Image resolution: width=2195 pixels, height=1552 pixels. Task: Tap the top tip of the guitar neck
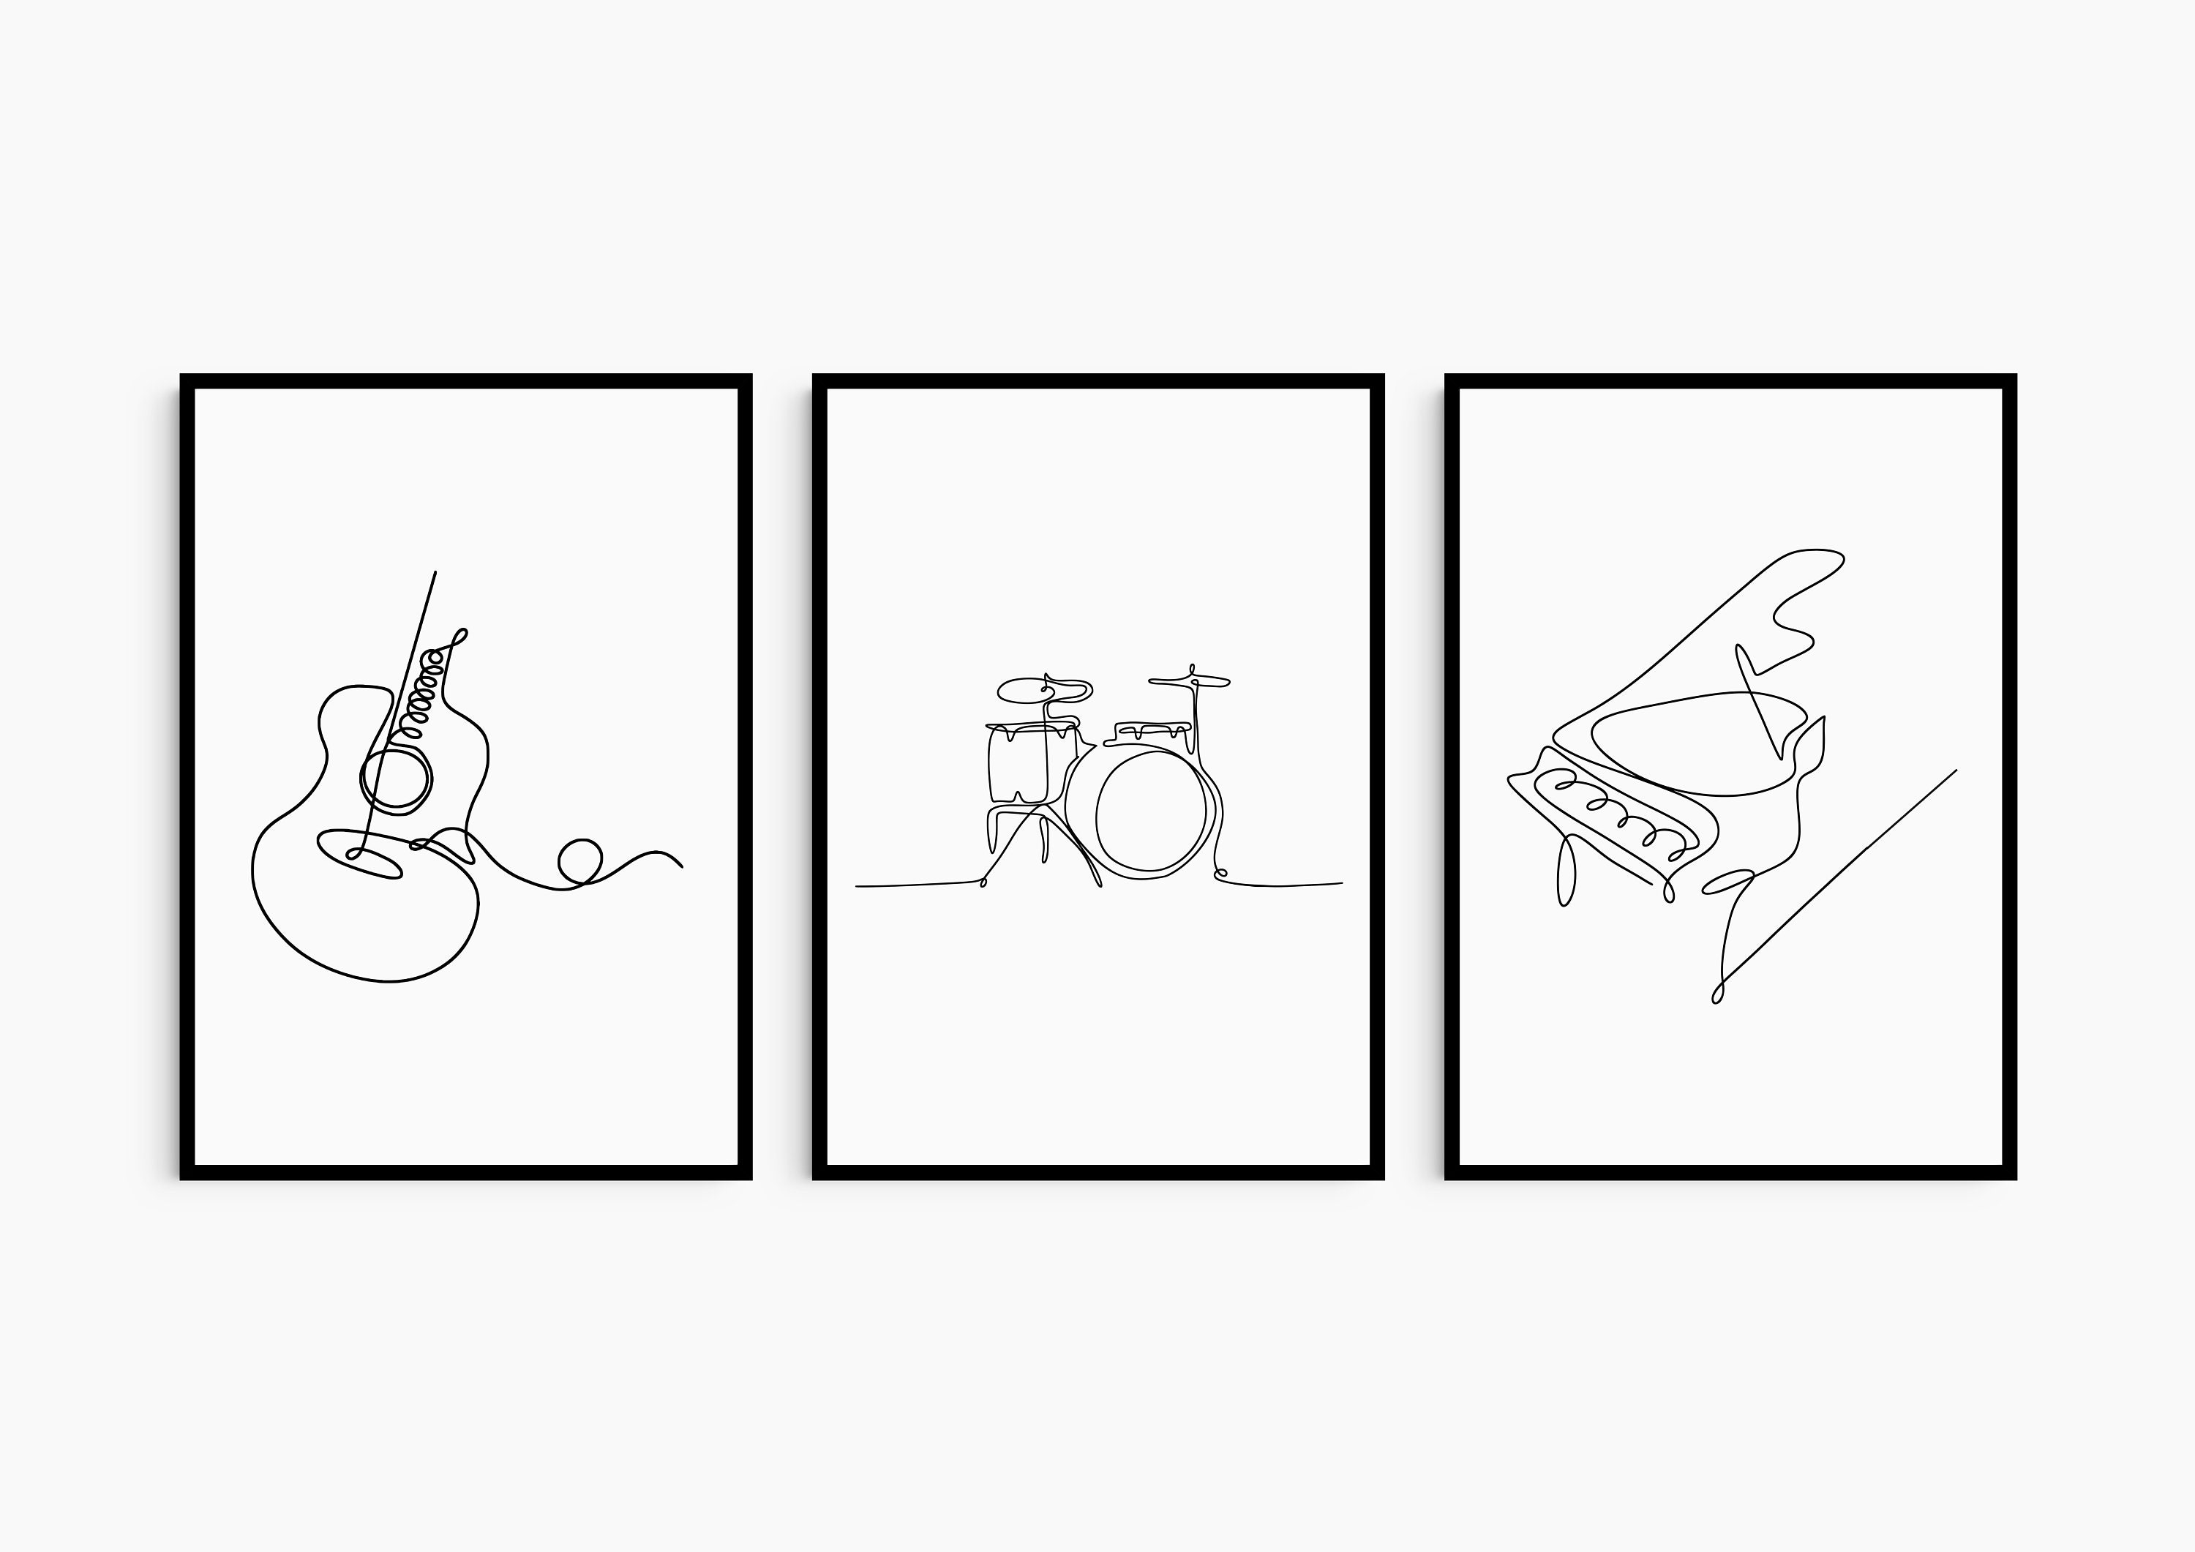(436, 573)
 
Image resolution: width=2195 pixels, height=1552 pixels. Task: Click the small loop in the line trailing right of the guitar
(579, 861)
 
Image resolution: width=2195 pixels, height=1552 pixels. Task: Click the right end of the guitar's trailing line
(680, 866)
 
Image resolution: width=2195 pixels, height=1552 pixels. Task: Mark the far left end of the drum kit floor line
(858, 886)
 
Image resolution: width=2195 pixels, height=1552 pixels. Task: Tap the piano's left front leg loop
(1566, 871)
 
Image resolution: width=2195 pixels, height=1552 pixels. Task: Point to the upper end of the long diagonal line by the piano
(1955, 770)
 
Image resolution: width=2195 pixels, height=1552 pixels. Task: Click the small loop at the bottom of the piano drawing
(1717, 994)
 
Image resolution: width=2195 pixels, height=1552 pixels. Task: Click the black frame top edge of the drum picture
(1097, 380)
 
